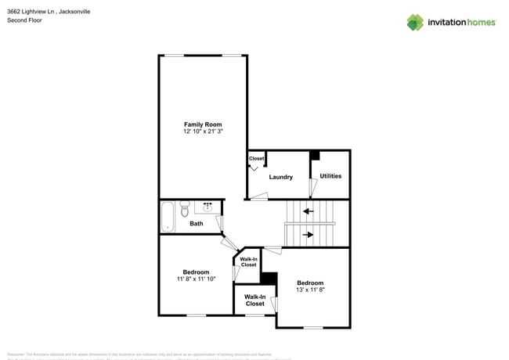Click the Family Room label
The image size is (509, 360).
(203, 124)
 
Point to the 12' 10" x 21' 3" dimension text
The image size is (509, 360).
(203, 132)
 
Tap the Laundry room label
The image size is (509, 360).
(280, 177)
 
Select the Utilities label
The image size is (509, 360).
(330, 176)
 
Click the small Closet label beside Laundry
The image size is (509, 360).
(256, 159)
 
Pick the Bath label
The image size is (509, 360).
(196, 224)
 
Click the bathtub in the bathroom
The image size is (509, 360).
(167, 216)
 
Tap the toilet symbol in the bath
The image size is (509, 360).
(185, 210)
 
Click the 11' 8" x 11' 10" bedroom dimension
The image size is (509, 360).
(196, 279)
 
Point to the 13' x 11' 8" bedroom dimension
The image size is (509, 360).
(310, 290)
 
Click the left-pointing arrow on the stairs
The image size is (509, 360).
(309, 211)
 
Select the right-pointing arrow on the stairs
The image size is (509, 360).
(309, 234)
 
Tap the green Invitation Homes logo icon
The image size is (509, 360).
(415, 22)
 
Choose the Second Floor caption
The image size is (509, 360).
(24, 20)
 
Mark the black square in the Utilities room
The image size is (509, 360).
(315, 155)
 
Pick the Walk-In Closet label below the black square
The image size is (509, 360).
(254, 300)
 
